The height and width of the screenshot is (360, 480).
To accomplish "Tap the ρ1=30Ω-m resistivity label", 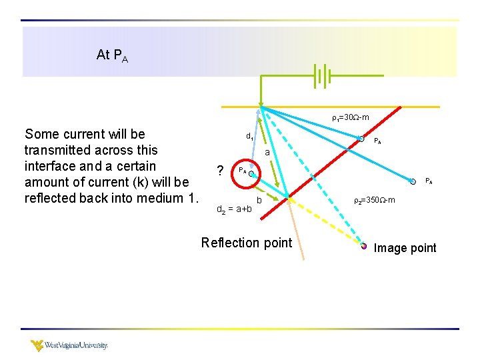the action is [351, 118].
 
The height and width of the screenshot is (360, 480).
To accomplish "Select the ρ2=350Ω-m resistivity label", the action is [374, 200].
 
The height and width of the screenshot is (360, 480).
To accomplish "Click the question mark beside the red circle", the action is [219, 171].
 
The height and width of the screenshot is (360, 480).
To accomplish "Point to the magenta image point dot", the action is [364, 246].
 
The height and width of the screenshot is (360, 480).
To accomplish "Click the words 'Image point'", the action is [405, 248].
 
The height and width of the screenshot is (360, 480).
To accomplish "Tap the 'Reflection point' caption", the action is [247, 243].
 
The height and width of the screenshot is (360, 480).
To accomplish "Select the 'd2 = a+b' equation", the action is [235, 209].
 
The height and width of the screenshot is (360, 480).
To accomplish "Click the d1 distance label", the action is [249, 137].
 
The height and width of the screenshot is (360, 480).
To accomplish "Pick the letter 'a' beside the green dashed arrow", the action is [267, 153].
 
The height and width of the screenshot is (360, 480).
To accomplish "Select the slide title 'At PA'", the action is [112, 55].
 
